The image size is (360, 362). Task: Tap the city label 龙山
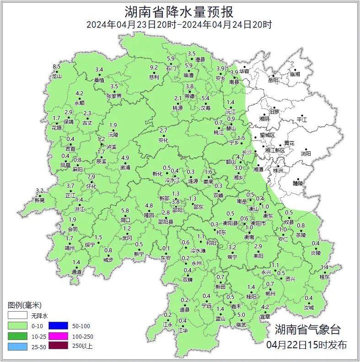(x=56, y=76)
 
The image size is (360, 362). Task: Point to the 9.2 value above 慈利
(x=154, y=68)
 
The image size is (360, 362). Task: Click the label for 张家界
(x=114, y=96)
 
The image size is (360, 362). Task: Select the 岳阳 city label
(x=273, y=80)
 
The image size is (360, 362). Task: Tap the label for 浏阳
(x=305, y=154)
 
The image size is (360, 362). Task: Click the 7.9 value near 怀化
(x=91, y=177)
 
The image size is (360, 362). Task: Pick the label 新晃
(x=40, y=200)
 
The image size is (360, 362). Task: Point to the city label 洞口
(x=125, y=220)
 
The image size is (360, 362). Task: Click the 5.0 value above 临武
(x=241, y=314)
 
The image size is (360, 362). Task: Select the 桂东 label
(x=324, y=277)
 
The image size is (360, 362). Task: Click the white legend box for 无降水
(x=17, y=315)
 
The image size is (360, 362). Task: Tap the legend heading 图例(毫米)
(x=25, y=305)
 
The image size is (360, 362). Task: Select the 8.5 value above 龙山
(x=57, y=67)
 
